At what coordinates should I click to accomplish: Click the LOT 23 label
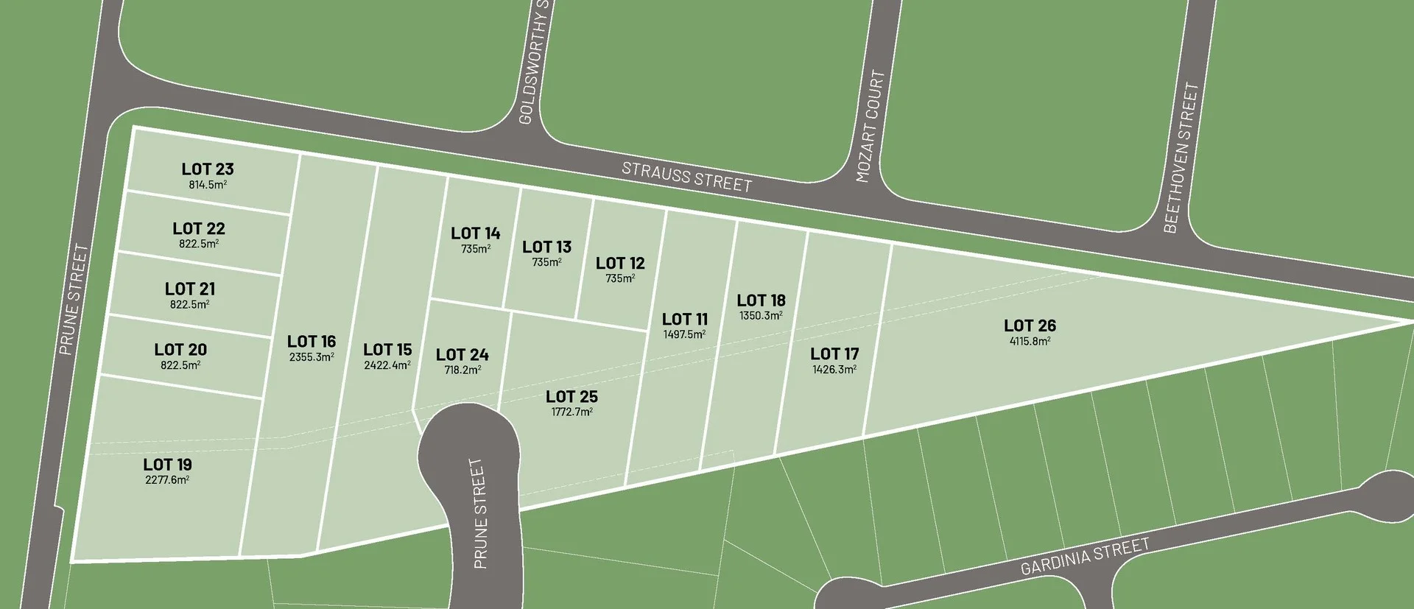[x=208, y=169]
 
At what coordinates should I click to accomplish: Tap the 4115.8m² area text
[x=1030, y=341]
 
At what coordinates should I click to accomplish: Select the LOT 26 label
[x=1030, y=325]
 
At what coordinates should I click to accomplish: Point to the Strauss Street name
[x=686, y=177]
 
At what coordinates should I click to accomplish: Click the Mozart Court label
[x=870, y=126]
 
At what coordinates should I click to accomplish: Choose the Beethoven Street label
[x=1181, y=158]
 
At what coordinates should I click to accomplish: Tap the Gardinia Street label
[x=1085, y=557]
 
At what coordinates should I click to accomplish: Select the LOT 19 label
[x=167, y=465]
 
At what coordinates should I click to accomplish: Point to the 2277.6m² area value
[x=167, y=480]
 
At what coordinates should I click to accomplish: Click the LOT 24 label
[x=462, y=355]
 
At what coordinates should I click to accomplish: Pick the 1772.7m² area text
[x=572, y=412]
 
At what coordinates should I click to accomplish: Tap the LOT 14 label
[x=476, y=233]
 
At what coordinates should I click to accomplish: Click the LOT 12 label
[x=620, y=263]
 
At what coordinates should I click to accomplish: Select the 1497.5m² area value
[x=684, y=334]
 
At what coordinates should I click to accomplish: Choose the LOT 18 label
[x=761, y=300]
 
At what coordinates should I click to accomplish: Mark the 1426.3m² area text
[x=834, y=370]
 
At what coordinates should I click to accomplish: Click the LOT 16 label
[x=312, y=342]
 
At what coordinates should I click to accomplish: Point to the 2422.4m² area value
[x=387, y=365]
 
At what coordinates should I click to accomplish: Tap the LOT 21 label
[x=190, y=289]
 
